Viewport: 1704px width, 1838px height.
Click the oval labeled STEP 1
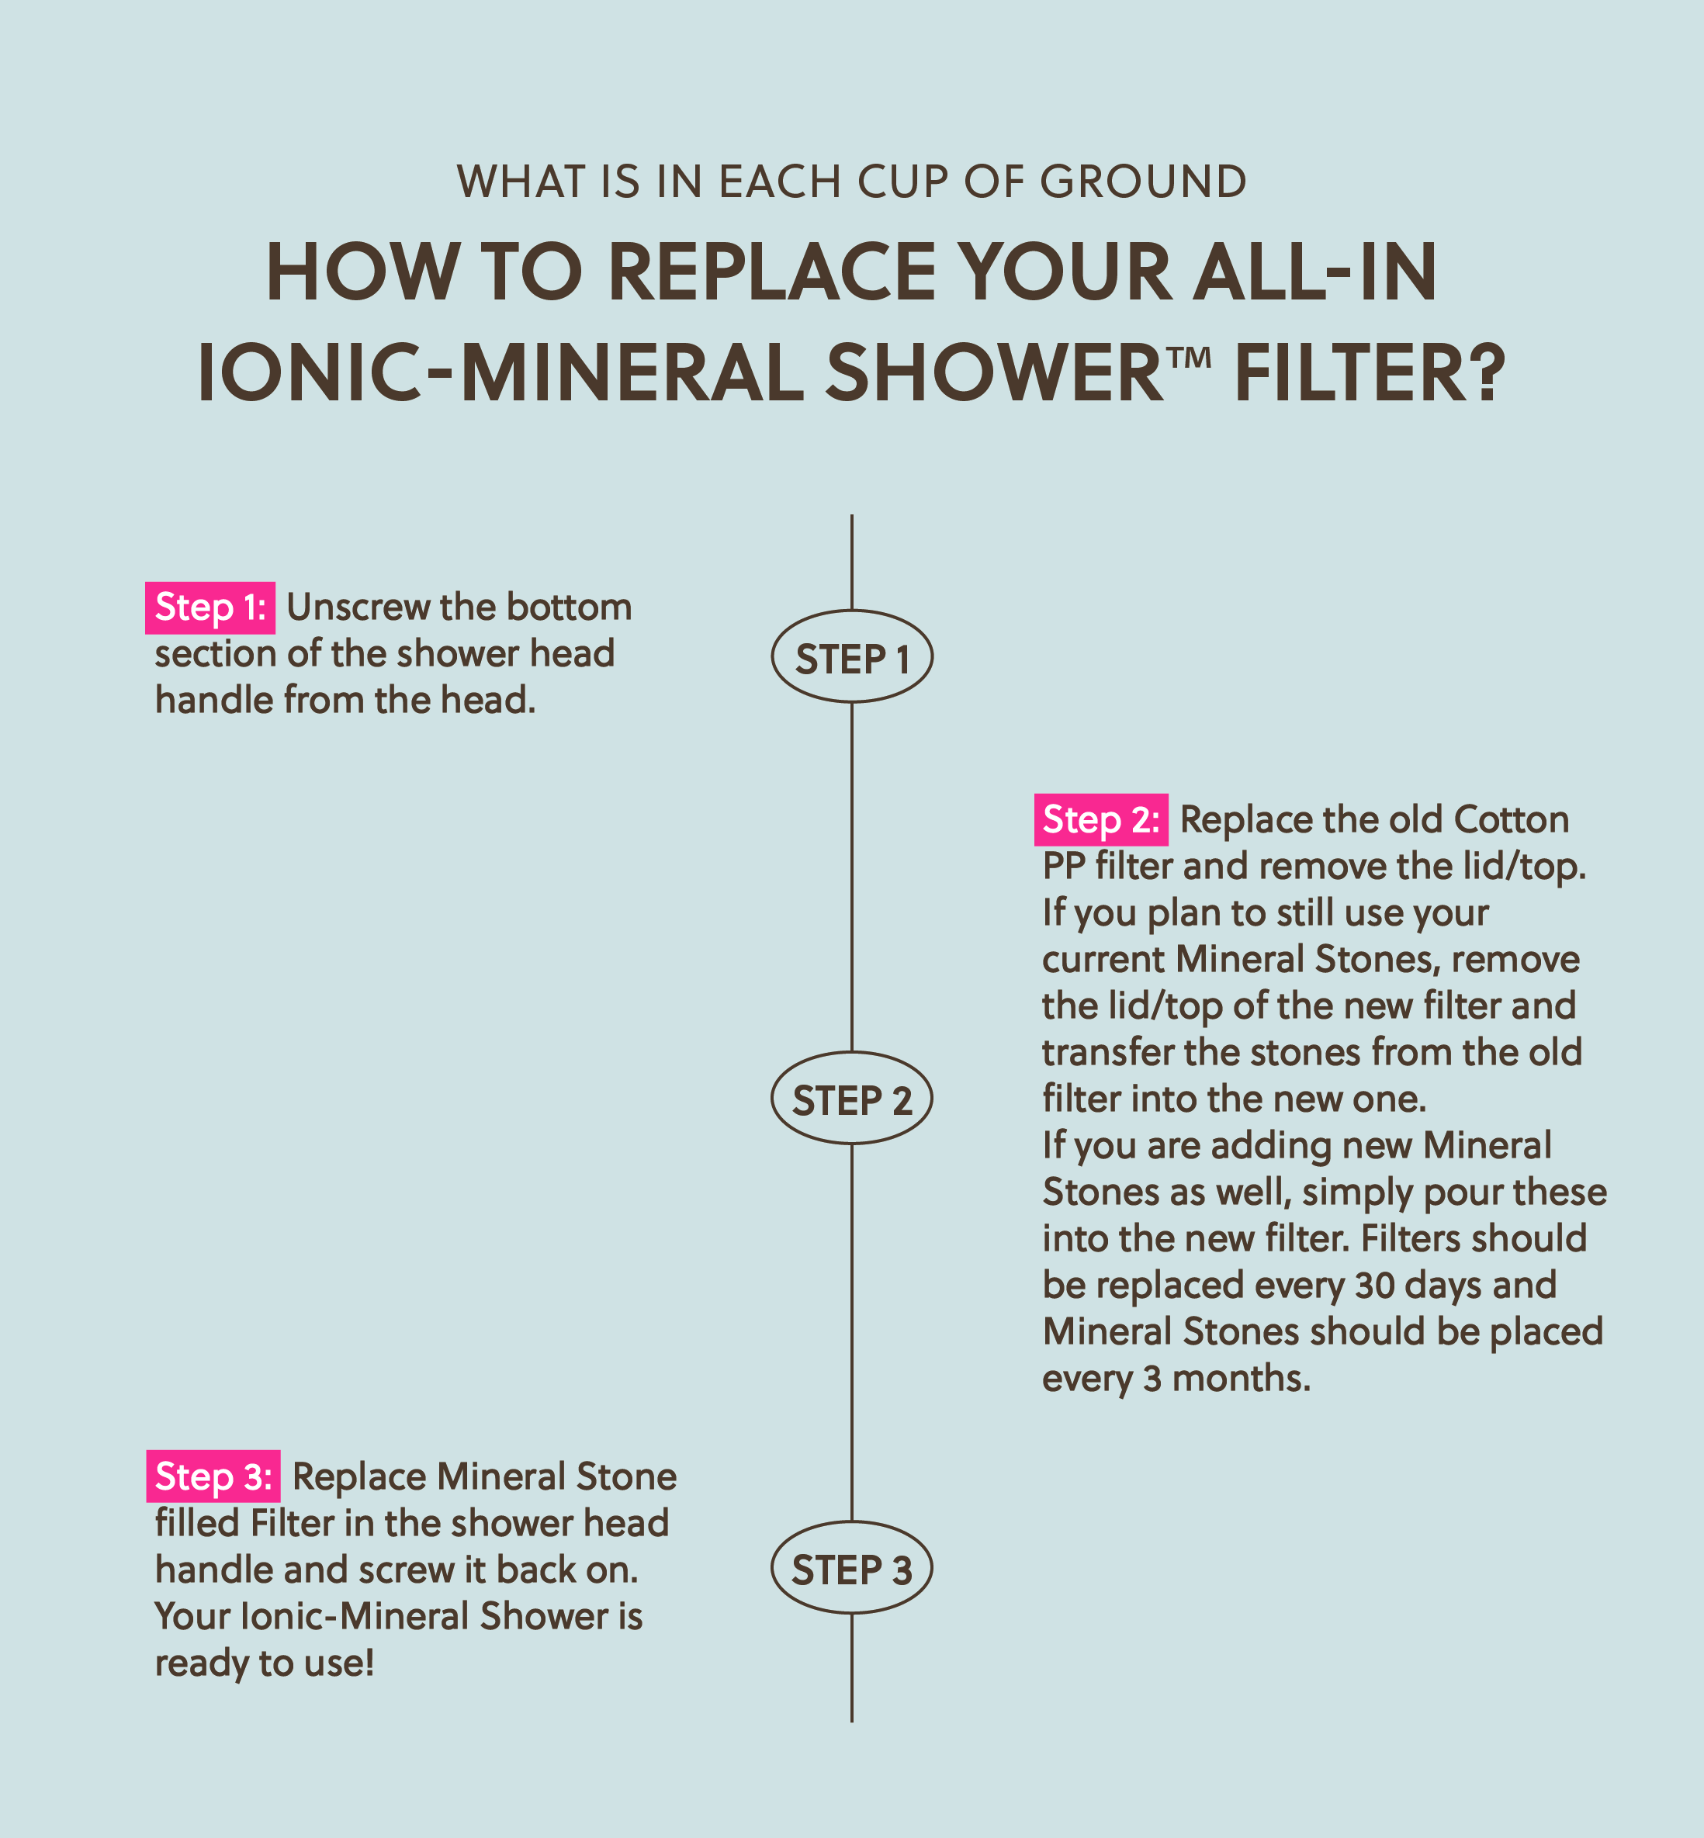point(773,656)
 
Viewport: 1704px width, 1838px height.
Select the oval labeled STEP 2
point(773,1098)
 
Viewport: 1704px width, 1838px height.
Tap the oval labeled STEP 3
point(773,1567)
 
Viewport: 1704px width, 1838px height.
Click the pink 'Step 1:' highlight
point(210,607)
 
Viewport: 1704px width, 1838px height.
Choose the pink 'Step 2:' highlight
point(1101,819)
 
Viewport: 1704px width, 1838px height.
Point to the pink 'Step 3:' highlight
point(213,1476)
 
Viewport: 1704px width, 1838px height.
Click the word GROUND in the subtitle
point(1144,182)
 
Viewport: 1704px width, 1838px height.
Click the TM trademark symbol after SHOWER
point(1193,357)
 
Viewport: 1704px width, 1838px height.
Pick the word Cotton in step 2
point(1512,819)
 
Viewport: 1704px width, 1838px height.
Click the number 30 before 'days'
point(1375,1285)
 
